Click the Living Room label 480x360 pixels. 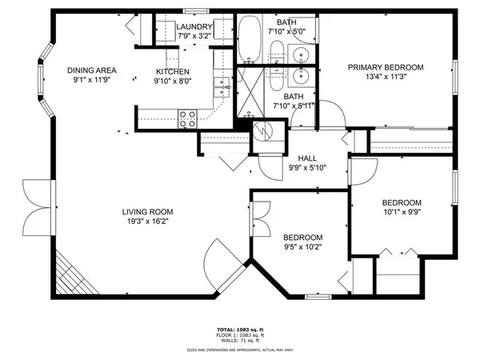(145, 212)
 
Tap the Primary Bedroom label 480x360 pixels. (385, 67)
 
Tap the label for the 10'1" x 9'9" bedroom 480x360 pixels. (402, 202)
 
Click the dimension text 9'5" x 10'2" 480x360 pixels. (303, 248)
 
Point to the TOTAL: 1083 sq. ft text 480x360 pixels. (240, 330)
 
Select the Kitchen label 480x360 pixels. (172, 71)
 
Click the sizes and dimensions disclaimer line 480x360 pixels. (240, 350)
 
